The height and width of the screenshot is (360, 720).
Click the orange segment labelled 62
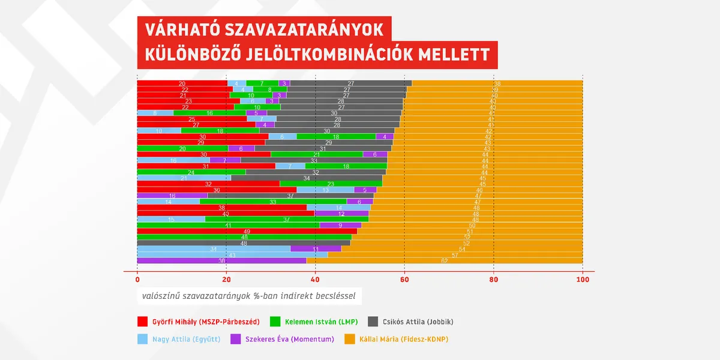pyautogui.click(x=444, y=261)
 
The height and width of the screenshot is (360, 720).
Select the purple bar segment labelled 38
pyautogui.click(x=221, y=261)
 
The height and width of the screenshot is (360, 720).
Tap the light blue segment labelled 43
pyautogui.click(x=232, y=254)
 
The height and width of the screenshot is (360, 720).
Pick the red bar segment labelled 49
pyautogui.click(x=247, y=231)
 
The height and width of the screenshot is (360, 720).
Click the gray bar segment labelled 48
pyautogui.click(x=244, y=243)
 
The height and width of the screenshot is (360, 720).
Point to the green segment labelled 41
pyautogui.click(x=228, y=225)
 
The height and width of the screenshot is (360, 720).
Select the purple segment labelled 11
pyautogui.click(x=316, y=248)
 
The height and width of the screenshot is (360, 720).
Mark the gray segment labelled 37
pyautogui.click(x=290, y=196)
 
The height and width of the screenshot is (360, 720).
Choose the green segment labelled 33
pyautogui.click(x=273, y=202)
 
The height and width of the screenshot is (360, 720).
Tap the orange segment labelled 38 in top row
pyautogui.click(x=497, y=83)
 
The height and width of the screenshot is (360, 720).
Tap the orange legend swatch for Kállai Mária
pyautogui.click(x=349, y=340)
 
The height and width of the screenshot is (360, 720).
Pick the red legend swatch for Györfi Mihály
pyautogui.click(x=143, y=321)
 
